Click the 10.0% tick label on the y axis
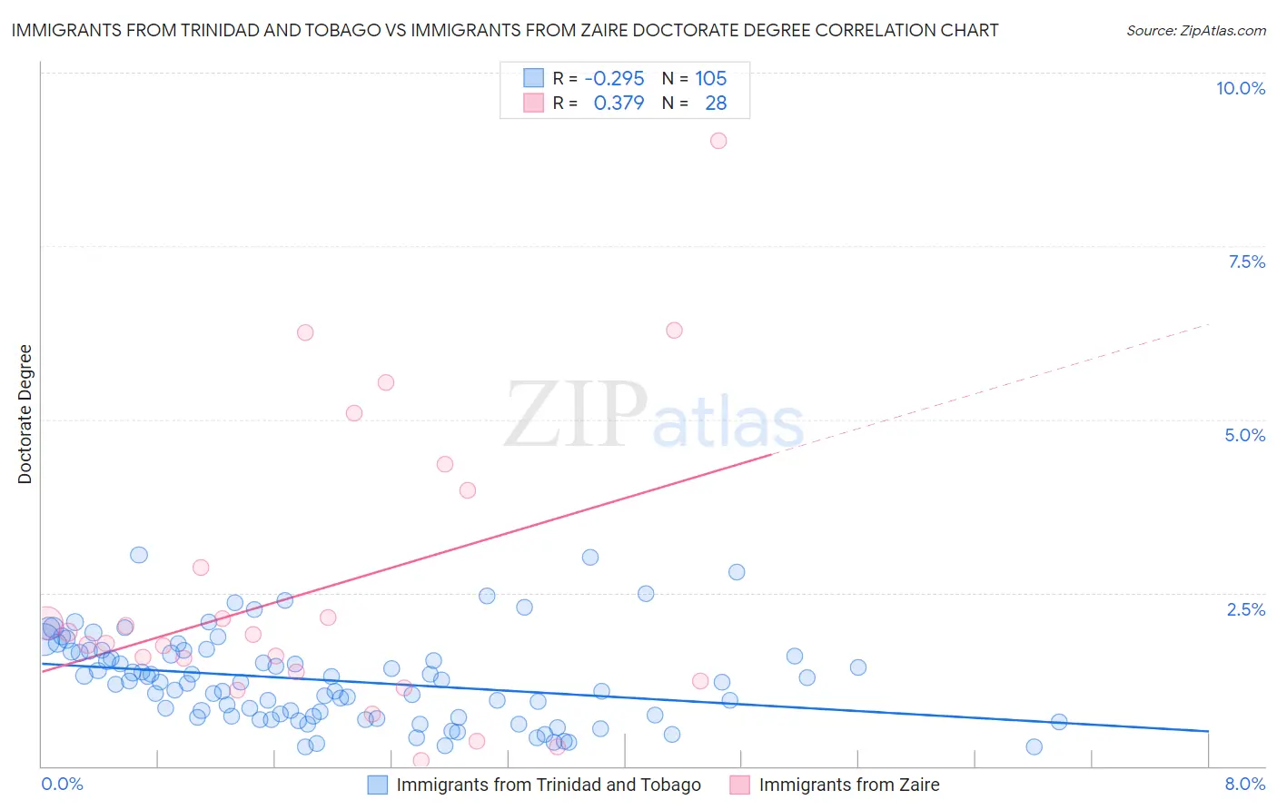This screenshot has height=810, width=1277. pyautogui.click(x=1240, y=88)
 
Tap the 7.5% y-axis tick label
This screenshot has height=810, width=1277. pyautogui.click(x=1246, y=262)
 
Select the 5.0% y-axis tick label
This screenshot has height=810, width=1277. pyautogui.click(x=1244, y=435)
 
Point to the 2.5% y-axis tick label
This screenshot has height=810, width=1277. pyautogui.click(x=1245, y=609)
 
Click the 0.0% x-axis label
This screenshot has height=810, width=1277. pyautogui.click(x=62, y=784)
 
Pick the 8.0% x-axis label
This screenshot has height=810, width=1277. pyautogui.click(x=1244, y=784)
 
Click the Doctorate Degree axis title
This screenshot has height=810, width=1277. pyautogui.click(x=25, y=414)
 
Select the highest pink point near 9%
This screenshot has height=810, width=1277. pyautogui.click(x=718, y=141)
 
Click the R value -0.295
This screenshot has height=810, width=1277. pyautogui.click(x=614, y=79)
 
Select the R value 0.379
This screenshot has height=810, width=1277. pyautogui.click(x=619, y=104)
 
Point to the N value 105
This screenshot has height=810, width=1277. pyautogui.click(x=710, y=79)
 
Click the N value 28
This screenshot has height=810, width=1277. pyautogui.click(x=716, y=104)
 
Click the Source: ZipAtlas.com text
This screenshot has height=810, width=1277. pyautogui.click(x=1195, y=30)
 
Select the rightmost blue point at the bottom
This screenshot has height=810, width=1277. pyautogui.click(x=1034, y=746)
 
